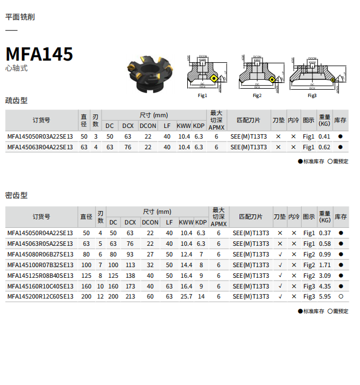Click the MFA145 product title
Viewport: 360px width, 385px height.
coord(39,54)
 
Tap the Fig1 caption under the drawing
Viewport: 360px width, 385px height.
coord(202,95)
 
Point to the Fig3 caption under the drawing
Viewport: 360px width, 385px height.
coord(312,95)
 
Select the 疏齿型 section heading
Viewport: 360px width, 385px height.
coord(16,100)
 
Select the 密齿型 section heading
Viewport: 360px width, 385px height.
coord(16,195)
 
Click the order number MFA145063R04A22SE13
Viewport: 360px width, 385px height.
coord(40,147)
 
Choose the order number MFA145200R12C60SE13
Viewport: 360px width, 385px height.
coord(40,296)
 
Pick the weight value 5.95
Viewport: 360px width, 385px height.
coord(325,296)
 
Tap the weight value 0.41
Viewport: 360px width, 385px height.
coord(324,136)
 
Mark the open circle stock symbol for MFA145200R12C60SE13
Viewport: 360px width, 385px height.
coord(340,296)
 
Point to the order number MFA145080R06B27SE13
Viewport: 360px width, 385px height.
coord(40,254)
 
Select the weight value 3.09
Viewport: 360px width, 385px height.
coord(325,275)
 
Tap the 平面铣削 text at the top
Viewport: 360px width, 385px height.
coord(20,17)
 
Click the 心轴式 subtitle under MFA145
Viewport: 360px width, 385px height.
coord(16,68)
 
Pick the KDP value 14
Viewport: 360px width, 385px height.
coord(201,296)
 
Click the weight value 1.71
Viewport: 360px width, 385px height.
coord(325,264)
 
